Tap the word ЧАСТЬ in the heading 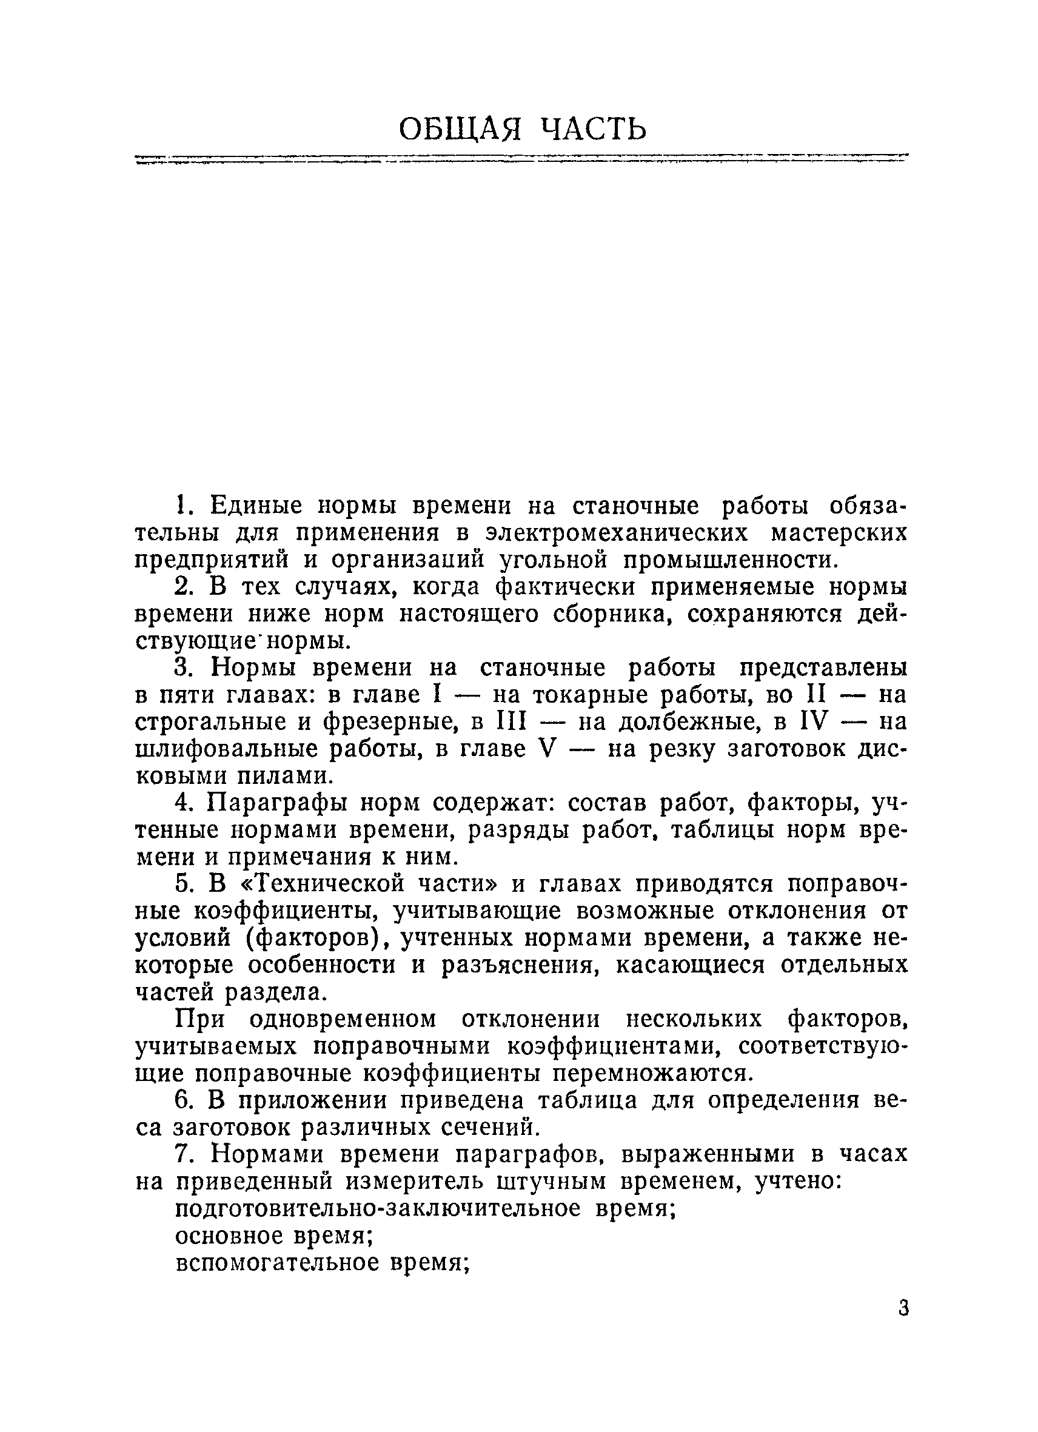[595, 129]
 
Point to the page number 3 [903, 1308]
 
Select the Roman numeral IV [814, 721]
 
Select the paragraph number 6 [182, 1100]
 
